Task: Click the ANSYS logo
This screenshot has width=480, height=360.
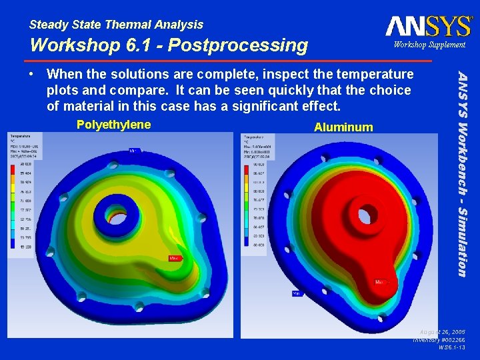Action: pyautogui.click(x=428, y=26)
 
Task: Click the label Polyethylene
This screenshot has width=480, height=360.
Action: pyautogui.click(x=113, y=125)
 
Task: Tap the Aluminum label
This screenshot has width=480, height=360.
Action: pyautogui.click(x=343, y=127)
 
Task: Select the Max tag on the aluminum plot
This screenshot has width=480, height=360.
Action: pyautogui.click(x=381, y=283)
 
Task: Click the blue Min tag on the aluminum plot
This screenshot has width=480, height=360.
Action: pyautogui.click(x=296, y=293)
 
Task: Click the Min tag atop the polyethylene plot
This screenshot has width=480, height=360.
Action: pyautogui.click(x=134, y=151)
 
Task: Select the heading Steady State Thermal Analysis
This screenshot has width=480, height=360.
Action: pyautogui.click(x=117, y=25)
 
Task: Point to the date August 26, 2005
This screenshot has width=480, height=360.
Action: pyautogui.click(x=443, y=331)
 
